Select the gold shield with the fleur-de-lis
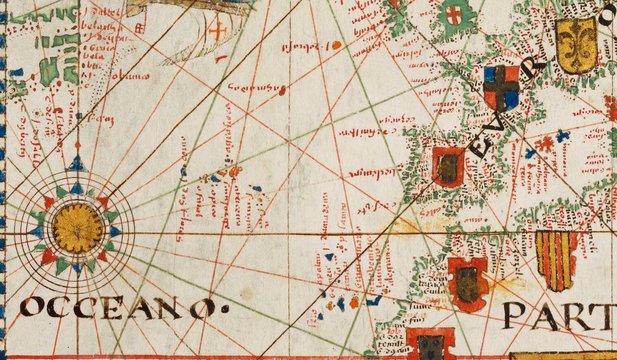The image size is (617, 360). click(576, 46)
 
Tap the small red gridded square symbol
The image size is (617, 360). click(139, 28)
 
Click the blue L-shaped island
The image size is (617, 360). click(374, 300)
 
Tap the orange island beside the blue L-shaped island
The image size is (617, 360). click(355, 302)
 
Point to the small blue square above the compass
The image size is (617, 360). click(79, 117)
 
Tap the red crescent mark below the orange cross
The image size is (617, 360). click(221, 59)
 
